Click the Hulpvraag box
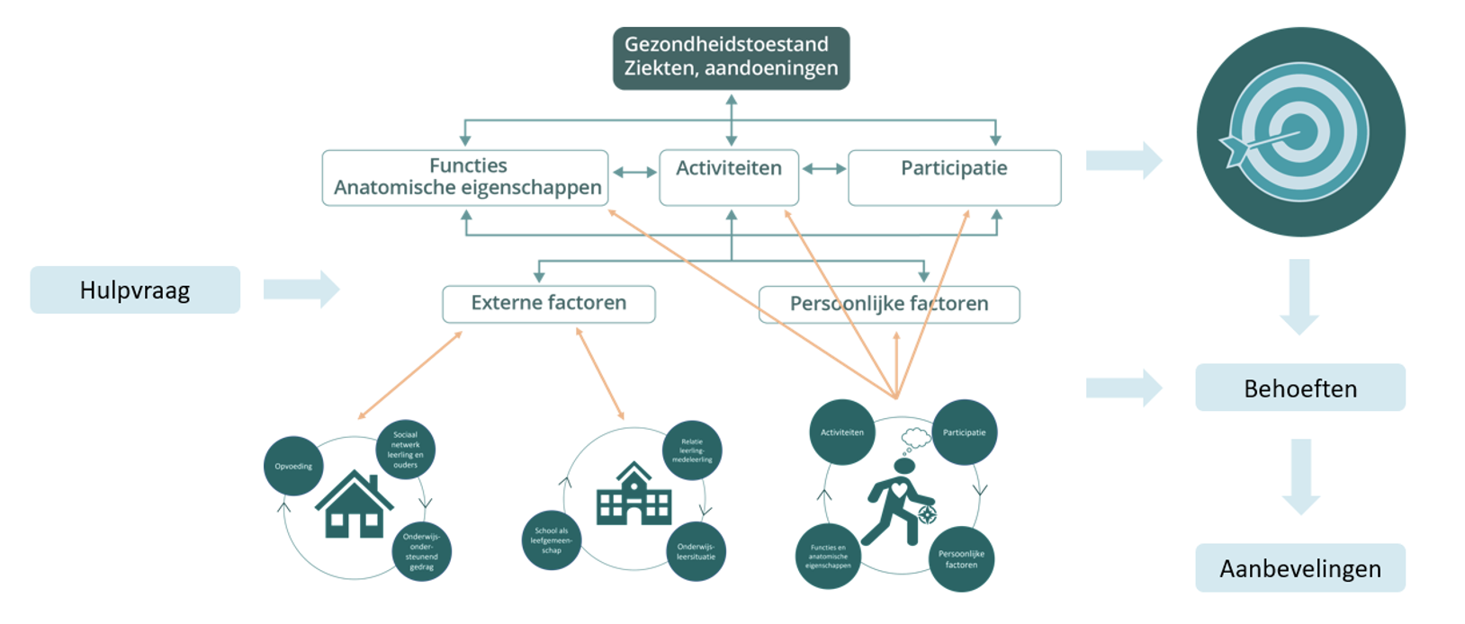pos(135,290)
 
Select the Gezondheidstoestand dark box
pos(731,58)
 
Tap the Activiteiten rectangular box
pos(729,177)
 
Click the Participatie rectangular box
pos(954,177)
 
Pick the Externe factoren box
pos(548,304)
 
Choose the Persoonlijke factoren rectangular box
pos(888,304)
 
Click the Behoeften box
pos(1299,388)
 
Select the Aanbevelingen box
pos(1299,567)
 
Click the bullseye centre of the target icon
pos(1299,132)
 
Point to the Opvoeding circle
pos(293,466)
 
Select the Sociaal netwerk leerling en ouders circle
pos(405,450)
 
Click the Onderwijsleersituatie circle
pos(696,550)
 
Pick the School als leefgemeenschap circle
pos(552,539)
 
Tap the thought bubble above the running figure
pos(915,439)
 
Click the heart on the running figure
pos(898,491)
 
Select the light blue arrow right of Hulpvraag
pos(301,290)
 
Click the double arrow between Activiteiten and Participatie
pos(823,168)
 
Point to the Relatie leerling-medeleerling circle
pos(691,450)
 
